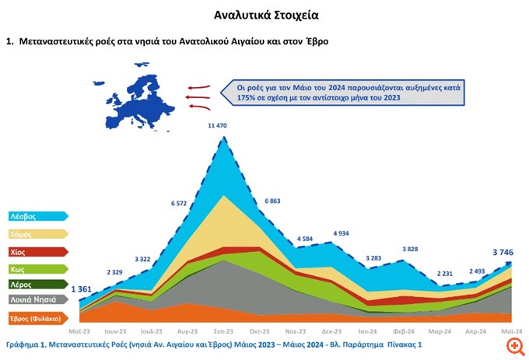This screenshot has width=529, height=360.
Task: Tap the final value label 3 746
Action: click(x=506, y=251)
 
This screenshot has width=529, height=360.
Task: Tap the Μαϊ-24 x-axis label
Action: click(x=511, y=330)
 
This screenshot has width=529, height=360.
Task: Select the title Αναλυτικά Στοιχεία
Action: click(x=265, y=15)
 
